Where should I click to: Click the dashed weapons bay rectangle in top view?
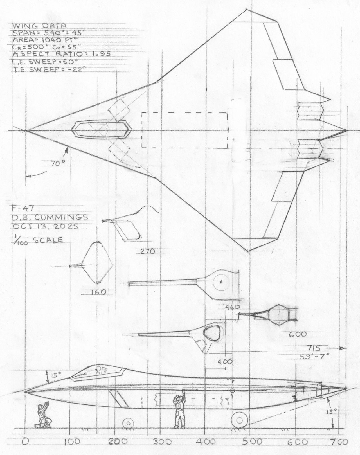pyautogui.click(x=184, y=130)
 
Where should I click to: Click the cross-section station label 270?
pyautogui.click(x=148, y=251)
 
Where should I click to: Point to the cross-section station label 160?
pyautogui.click(x=98, y=292)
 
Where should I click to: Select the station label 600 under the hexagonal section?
pyautogui.click(x=298, y=334)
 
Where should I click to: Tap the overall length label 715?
pyautogui.click(x=313, y=348)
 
